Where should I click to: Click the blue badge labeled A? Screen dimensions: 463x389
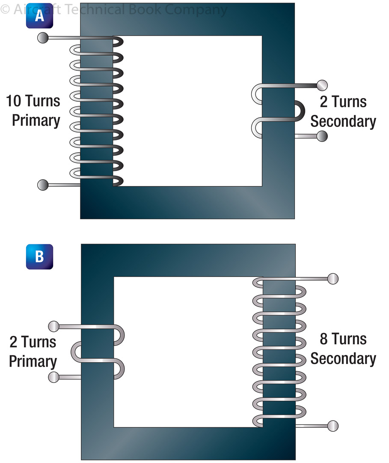39,16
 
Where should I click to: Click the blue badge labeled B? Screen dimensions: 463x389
39,256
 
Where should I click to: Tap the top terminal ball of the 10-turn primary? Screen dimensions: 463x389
43,38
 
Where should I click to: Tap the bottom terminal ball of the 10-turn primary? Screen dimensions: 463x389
43,185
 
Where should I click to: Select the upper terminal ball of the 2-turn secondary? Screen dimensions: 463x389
322,85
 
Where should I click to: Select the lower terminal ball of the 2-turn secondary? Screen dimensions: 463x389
322,137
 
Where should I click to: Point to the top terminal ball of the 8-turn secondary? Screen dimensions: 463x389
333,279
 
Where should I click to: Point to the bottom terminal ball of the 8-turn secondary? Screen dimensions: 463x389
333,426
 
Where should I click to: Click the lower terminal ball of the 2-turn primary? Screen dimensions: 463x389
54,377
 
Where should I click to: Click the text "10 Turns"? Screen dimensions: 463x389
33,102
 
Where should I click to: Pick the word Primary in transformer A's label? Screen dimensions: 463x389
36,120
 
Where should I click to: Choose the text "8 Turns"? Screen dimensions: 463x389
343,339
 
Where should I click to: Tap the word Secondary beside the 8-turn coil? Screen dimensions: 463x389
343,358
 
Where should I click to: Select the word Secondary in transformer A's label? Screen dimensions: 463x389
343,121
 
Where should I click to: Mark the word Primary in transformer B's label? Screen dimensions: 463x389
33,361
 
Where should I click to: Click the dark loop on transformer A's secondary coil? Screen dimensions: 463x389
299,111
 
